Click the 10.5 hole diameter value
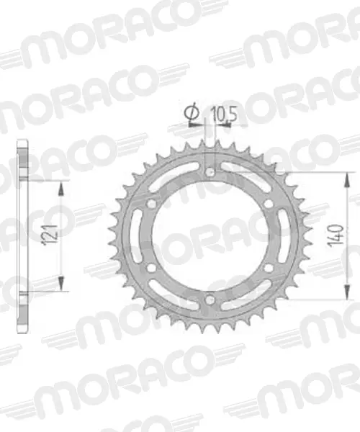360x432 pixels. pos(224,114)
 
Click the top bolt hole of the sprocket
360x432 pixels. pos(210,173)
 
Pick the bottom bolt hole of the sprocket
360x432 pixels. pos(210,300)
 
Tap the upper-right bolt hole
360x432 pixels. pos(268,204)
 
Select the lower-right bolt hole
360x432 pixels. pos(268,268)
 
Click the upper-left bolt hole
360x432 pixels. pos(151,204)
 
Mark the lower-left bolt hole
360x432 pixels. pos(151,268)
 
